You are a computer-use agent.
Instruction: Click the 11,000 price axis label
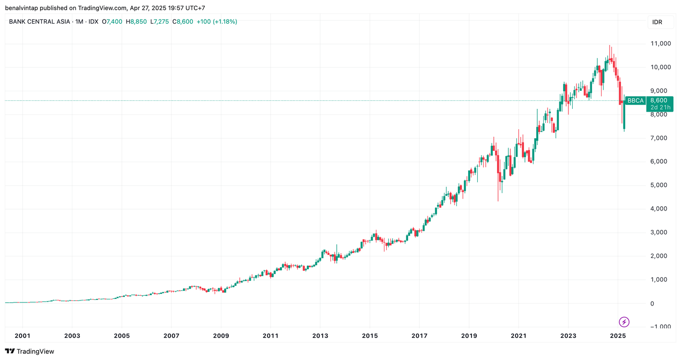click(x=661, y=44)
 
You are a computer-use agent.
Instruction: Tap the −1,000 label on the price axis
click(x=660, y=327)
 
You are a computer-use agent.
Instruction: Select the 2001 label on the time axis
click(x=22, y=336)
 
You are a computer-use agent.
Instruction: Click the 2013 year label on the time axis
click(x=320, y=336)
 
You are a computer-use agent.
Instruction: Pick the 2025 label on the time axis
click(x=618, y=336)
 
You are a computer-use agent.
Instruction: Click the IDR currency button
click(x=657, y=22)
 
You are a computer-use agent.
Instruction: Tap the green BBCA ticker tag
click(x=635, y=100)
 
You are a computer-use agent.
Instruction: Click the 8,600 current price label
click(x=659, y=100)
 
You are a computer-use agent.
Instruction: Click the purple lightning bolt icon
click(x=624, y=322)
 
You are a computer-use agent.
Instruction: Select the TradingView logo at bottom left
click(x=29, y=351)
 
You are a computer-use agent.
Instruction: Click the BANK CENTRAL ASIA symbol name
click(x=40, y=22)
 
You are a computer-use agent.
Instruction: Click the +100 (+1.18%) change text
click(x=217, y=22)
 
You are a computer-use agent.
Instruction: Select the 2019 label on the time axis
click(x=469, y=336)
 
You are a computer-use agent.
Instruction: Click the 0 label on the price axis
click(x=653, y=303)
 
